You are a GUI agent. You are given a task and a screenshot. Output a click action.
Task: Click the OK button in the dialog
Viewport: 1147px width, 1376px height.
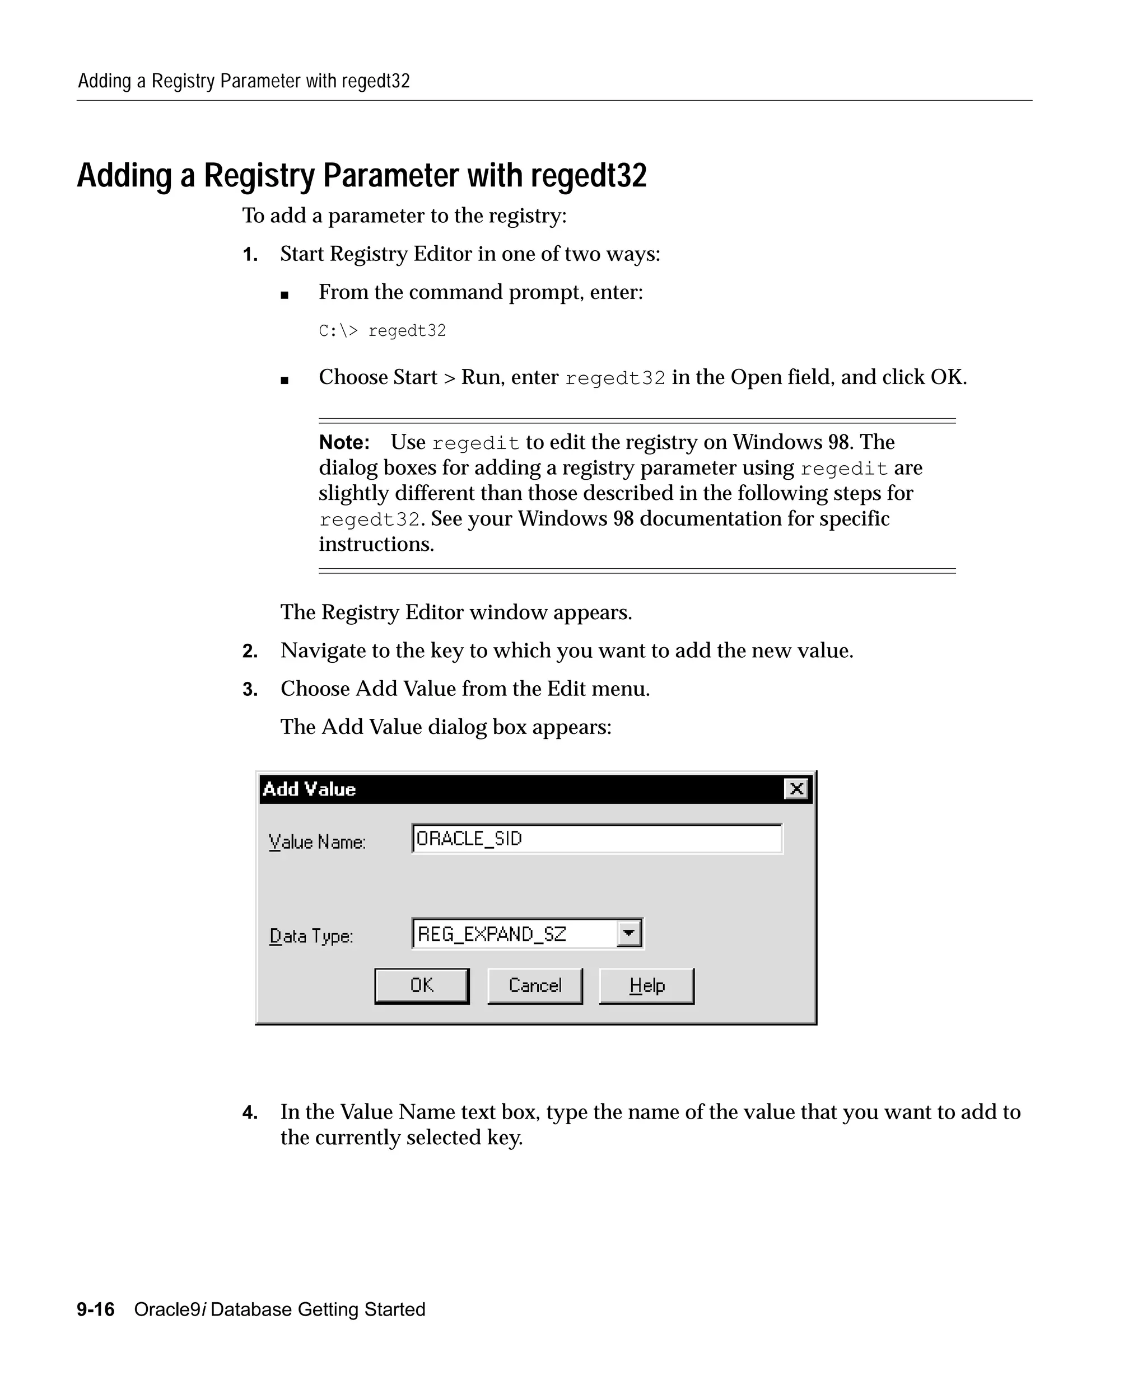pos(421,985)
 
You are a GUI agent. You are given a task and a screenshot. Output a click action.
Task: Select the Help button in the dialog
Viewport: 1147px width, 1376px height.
pos(646,985)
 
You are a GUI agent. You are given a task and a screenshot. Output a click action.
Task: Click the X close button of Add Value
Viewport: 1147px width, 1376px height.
pos(796,789)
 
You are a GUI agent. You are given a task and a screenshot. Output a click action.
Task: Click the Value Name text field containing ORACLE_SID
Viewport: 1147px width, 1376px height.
pos(596,839)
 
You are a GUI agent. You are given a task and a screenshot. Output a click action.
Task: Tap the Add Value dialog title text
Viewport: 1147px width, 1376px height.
pos(309,789)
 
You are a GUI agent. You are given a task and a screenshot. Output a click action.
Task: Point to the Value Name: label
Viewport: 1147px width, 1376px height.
pos(317,842)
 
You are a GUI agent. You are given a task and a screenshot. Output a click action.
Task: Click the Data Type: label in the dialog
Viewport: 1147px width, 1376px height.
pos(311,935)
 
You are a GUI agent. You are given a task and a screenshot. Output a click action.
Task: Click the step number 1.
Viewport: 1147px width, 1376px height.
pos(250,255)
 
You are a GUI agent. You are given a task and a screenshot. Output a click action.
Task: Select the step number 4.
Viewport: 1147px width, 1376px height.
pos(250,1112)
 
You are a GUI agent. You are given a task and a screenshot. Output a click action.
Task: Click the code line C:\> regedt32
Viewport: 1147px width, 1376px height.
pos(382,331)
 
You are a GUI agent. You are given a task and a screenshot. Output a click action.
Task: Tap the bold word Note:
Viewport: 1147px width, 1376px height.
pos(344,442)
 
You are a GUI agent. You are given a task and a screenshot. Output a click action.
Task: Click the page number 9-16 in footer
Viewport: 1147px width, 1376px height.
pos(96,1309)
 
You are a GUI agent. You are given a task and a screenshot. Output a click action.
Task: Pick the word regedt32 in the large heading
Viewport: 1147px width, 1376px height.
pos(588,176)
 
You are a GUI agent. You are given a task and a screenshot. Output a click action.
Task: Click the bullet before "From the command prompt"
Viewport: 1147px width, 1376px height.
pos(285,295)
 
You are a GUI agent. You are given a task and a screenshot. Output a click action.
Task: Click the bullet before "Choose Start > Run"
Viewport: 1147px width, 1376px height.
pos(285,380)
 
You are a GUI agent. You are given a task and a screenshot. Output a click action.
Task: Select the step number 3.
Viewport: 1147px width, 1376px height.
pos(250,689)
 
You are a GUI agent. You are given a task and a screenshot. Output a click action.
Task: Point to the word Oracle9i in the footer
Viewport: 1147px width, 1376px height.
pos(170,1309)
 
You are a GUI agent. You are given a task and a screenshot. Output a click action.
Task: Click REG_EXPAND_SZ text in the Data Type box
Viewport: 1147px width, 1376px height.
pos(492,934)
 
